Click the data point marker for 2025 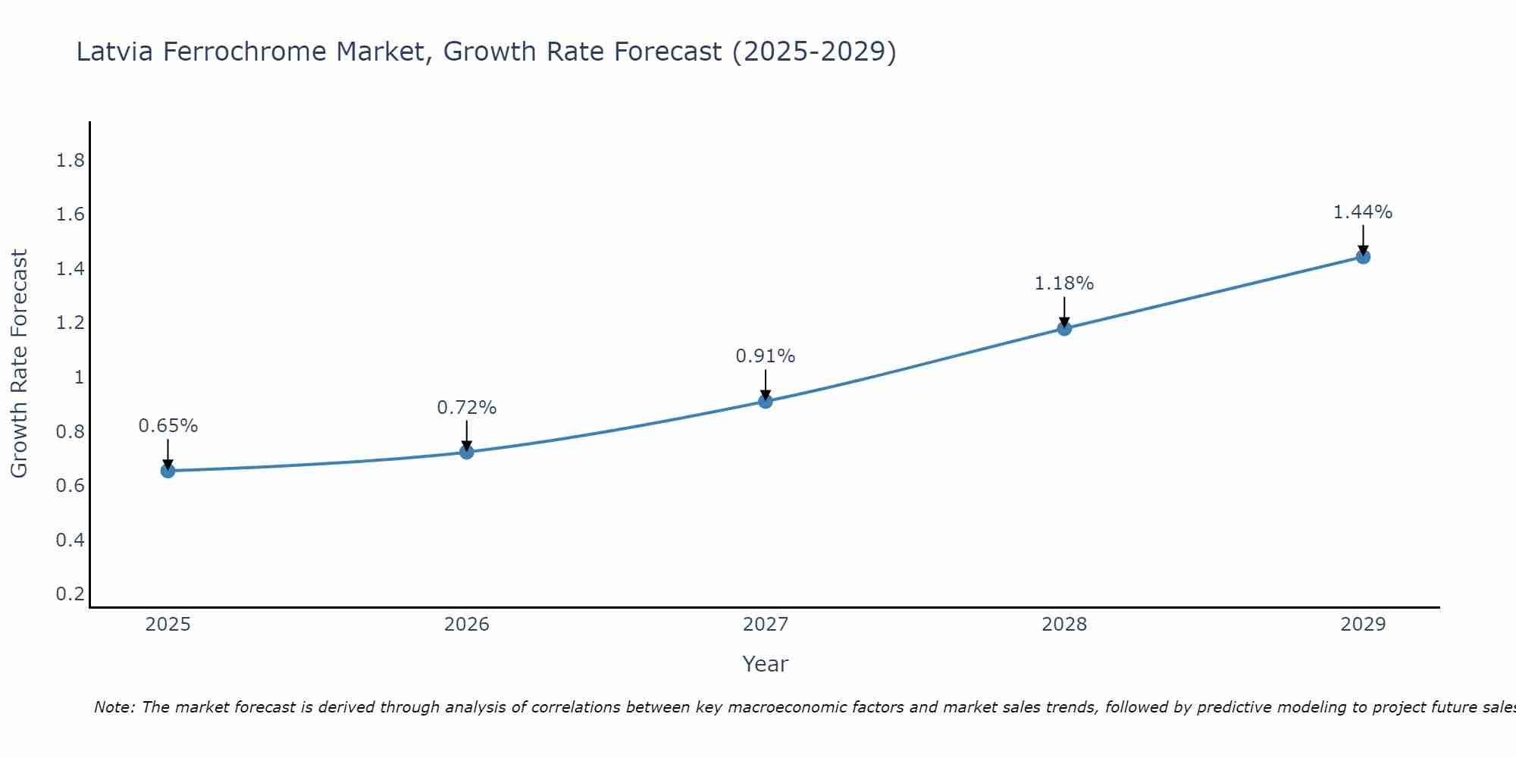pos(168,471)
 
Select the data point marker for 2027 pos(766,401)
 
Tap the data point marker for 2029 pos(1363,257)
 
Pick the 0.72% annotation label pos(466,408)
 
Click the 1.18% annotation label pos(1064,283)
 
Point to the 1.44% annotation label pos(1363,212)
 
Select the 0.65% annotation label pos(168,426)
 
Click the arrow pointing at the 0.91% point pos(766,384)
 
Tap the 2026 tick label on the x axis pos(466,625)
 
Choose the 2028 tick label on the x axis pos(1064,625)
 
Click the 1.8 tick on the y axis pos(70,161)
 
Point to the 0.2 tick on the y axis pos(70,594)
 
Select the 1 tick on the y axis pos(79,377)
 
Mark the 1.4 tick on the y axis pos(70,269)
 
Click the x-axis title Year pos(766,664)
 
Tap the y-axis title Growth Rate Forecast pos(19,364)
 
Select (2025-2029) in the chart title pos(814,52)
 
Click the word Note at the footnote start pos(114,707)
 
